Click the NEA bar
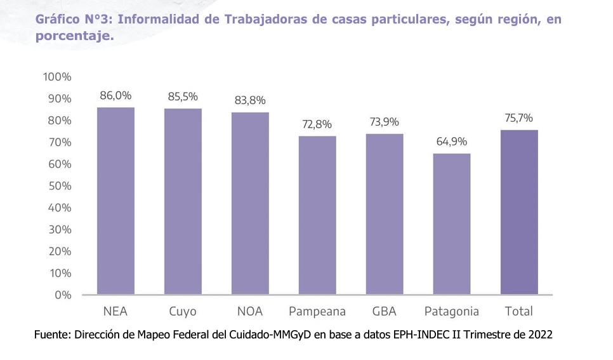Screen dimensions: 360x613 [115, 201]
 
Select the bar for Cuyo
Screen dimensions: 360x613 [183, 201]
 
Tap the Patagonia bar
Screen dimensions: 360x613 [452, 224]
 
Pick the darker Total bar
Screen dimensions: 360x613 [519, 212]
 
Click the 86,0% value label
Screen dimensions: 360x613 [115, 96]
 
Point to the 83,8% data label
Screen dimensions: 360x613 [250, 100]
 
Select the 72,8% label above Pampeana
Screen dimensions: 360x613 [317, 124]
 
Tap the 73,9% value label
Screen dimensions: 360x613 [385, 122]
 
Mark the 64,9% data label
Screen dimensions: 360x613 [452, 142]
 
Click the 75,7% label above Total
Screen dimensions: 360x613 [519, 118]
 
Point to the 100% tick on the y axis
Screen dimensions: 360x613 [57, 77]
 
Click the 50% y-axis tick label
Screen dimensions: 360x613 [59, 186]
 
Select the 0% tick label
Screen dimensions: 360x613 [62, 295]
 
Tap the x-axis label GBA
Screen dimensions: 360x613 [385, 312]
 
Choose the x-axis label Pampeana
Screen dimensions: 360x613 [317, 312]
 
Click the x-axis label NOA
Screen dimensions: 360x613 [250, 312]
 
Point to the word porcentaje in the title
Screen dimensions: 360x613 [72, 37]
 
